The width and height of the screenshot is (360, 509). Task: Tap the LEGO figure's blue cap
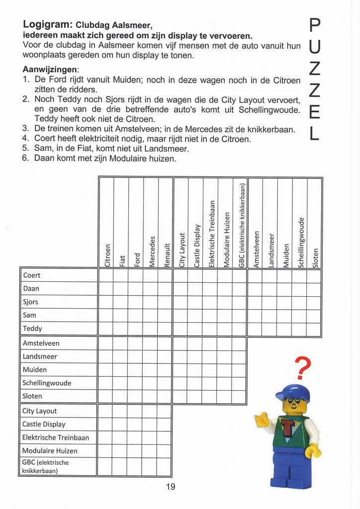293,393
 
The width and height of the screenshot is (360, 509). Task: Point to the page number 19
171,487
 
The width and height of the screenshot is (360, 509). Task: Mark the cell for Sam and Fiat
120,315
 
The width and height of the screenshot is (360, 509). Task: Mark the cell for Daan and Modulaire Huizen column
225,288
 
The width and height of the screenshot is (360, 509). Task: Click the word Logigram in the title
48,24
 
